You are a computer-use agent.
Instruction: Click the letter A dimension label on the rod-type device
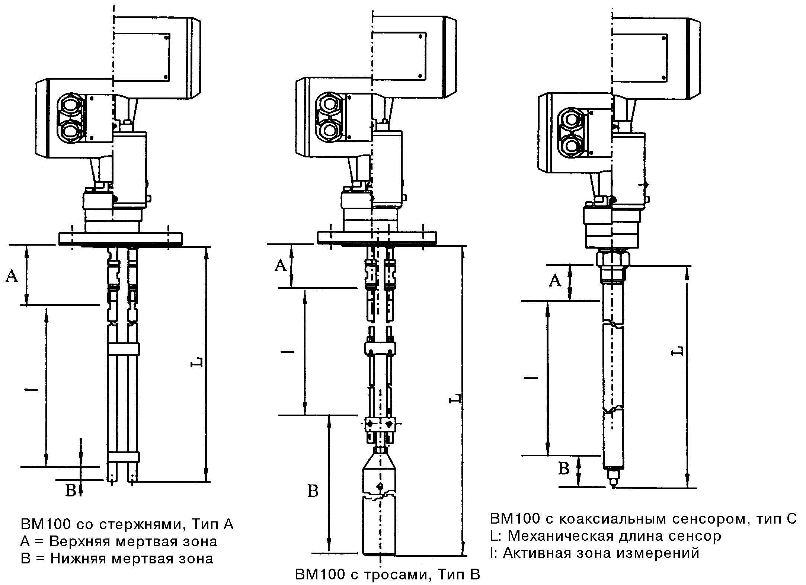(x=12, y=276)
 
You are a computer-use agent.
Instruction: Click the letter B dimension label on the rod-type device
(x=71, y=490)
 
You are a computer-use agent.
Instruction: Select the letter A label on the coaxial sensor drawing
(x=555, y=280)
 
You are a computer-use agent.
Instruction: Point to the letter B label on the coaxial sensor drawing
(x=564, y=469)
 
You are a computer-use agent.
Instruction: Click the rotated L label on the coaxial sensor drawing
(x=678, y=350)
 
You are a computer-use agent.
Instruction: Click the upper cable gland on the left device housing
(x=69, y=107)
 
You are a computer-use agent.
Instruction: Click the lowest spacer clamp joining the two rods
(x=123, y=457)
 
